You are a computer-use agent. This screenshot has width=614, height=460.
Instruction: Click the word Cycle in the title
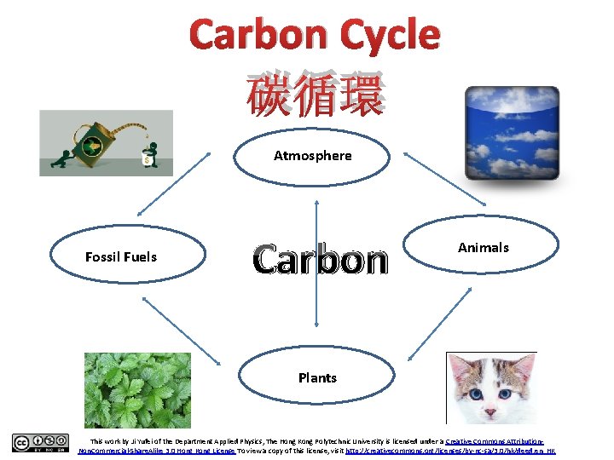pos(389,35)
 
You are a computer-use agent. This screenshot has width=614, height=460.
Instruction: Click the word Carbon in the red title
pos(259,35)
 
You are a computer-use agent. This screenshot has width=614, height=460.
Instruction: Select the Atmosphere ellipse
pos(312,156)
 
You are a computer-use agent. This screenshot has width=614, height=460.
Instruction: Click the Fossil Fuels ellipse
pos(129,256)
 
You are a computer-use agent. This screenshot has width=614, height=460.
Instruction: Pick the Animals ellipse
pos(483,248)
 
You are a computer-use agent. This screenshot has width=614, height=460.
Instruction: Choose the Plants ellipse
pos(317,377)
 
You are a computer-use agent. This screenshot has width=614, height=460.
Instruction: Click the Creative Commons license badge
pos(40,443)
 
